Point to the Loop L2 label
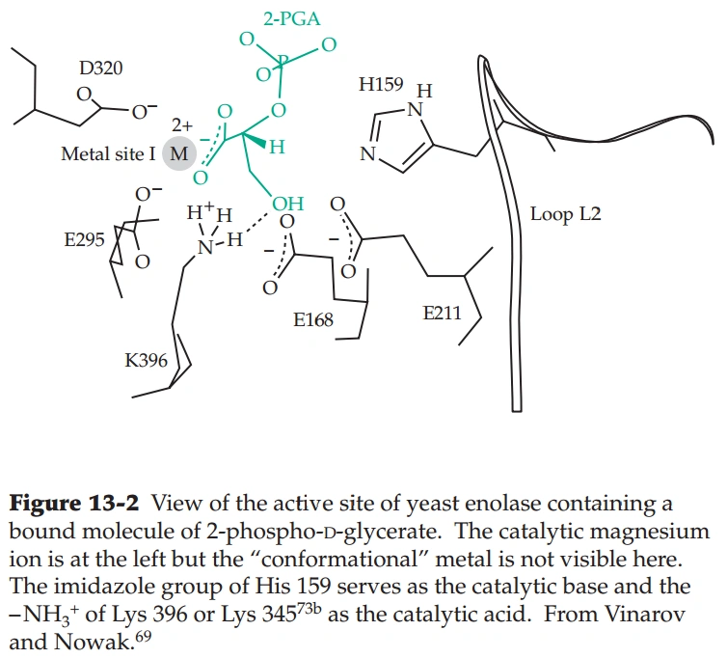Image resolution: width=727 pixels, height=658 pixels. click(565, 214)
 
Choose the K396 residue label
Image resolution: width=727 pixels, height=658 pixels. click(146, 361)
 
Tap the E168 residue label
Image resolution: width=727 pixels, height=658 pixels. click(314, 318)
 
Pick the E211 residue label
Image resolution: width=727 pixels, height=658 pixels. click(443, 314)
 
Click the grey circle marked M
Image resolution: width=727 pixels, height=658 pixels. click(178, 153)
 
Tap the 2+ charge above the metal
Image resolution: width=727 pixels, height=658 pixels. click(182, 125)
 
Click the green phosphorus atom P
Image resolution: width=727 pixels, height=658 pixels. click(283, 62)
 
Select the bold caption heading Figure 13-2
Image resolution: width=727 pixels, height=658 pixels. click(74, 503)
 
